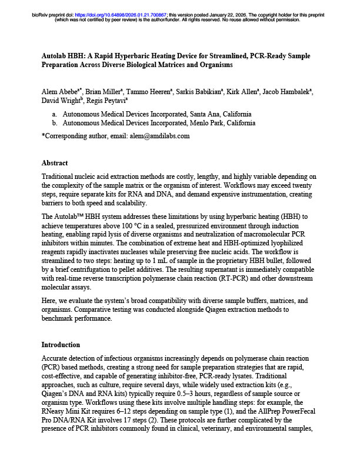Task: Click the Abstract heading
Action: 55,163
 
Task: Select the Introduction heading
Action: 61,344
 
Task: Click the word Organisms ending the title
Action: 214,64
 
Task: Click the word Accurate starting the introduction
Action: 56,358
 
